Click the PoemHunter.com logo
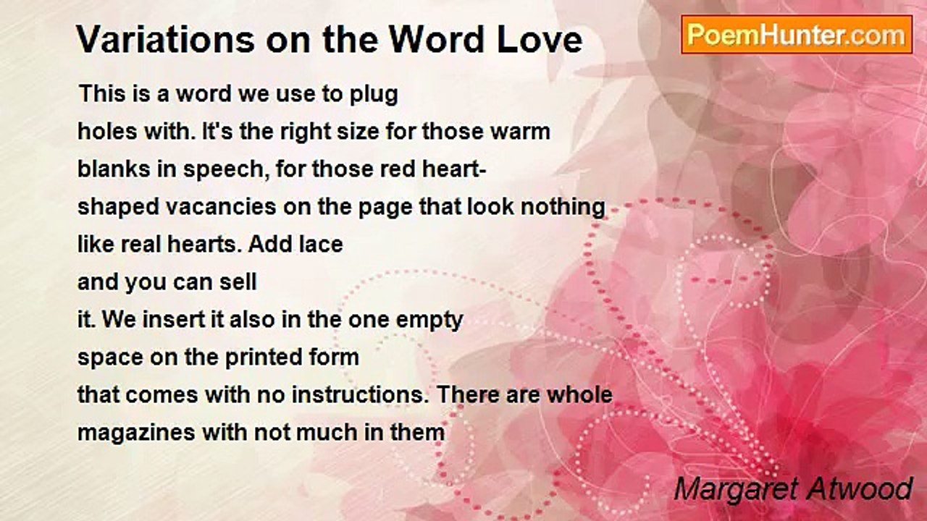pos(797,35)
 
